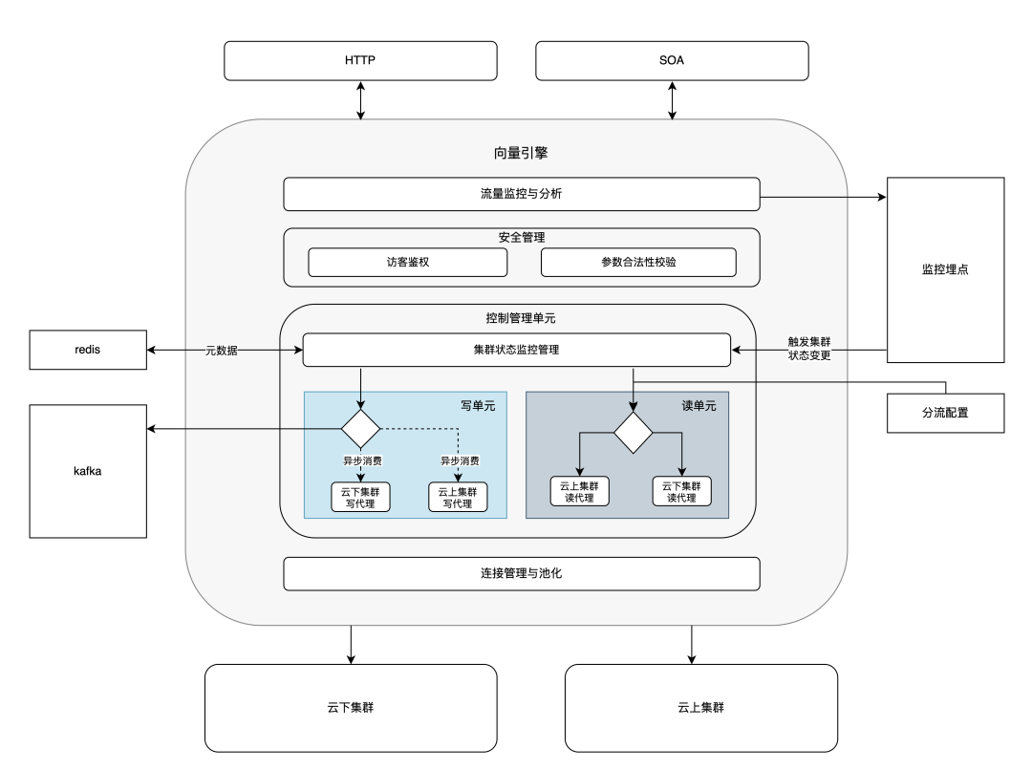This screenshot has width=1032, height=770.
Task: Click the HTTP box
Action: tap(360, 60)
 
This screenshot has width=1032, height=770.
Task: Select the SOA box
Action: tap(672, 60)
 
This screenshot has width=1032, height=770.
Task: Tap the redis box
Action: tap(88, 350)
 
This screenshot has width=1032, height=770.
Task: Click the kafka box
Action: tap(88, 471)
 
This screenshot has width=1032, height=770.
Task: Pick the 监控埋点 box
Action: tap(945, 270)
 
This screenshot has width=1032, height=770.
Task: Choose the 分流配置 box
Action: tap(945, 413)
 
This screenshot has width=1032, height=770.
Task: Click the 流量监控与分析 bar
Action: tap(522, 194)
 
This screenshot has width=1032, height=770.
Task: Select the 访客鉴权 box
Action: tap(408, 262)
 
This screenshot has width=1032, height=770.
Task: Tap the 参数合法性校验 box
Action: tap(638, 262)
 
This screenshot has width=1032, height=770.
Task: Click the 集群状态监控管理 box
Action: tap(516, 350)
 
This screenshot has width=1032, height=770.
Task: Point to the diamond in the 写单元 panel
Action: tap(361, 428)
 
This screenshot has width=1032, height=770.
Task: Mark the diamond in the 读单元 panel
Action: tap(633, 433)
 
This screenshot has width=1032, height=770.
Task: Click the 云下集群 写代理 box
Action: tap(359, 497)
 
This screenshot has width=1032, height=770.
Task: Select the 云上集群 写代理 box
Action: tap(458, 497)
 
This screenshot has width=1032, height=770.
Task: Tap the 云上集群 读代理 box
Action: tap(579, 491)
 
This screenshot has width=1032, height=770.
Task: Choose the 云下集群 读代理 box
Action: tap(681, 491)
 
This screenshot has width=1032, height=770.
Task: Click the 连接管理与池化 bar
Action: tap(522, 574)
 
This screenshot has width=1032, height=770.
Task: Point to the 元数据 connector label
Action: tap(222, 351)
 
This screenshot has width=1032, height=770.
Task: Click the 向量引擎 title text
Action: tap(521, 153)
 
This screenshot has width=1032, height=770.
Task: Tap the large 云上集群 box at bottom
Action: tap(701, 708)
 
